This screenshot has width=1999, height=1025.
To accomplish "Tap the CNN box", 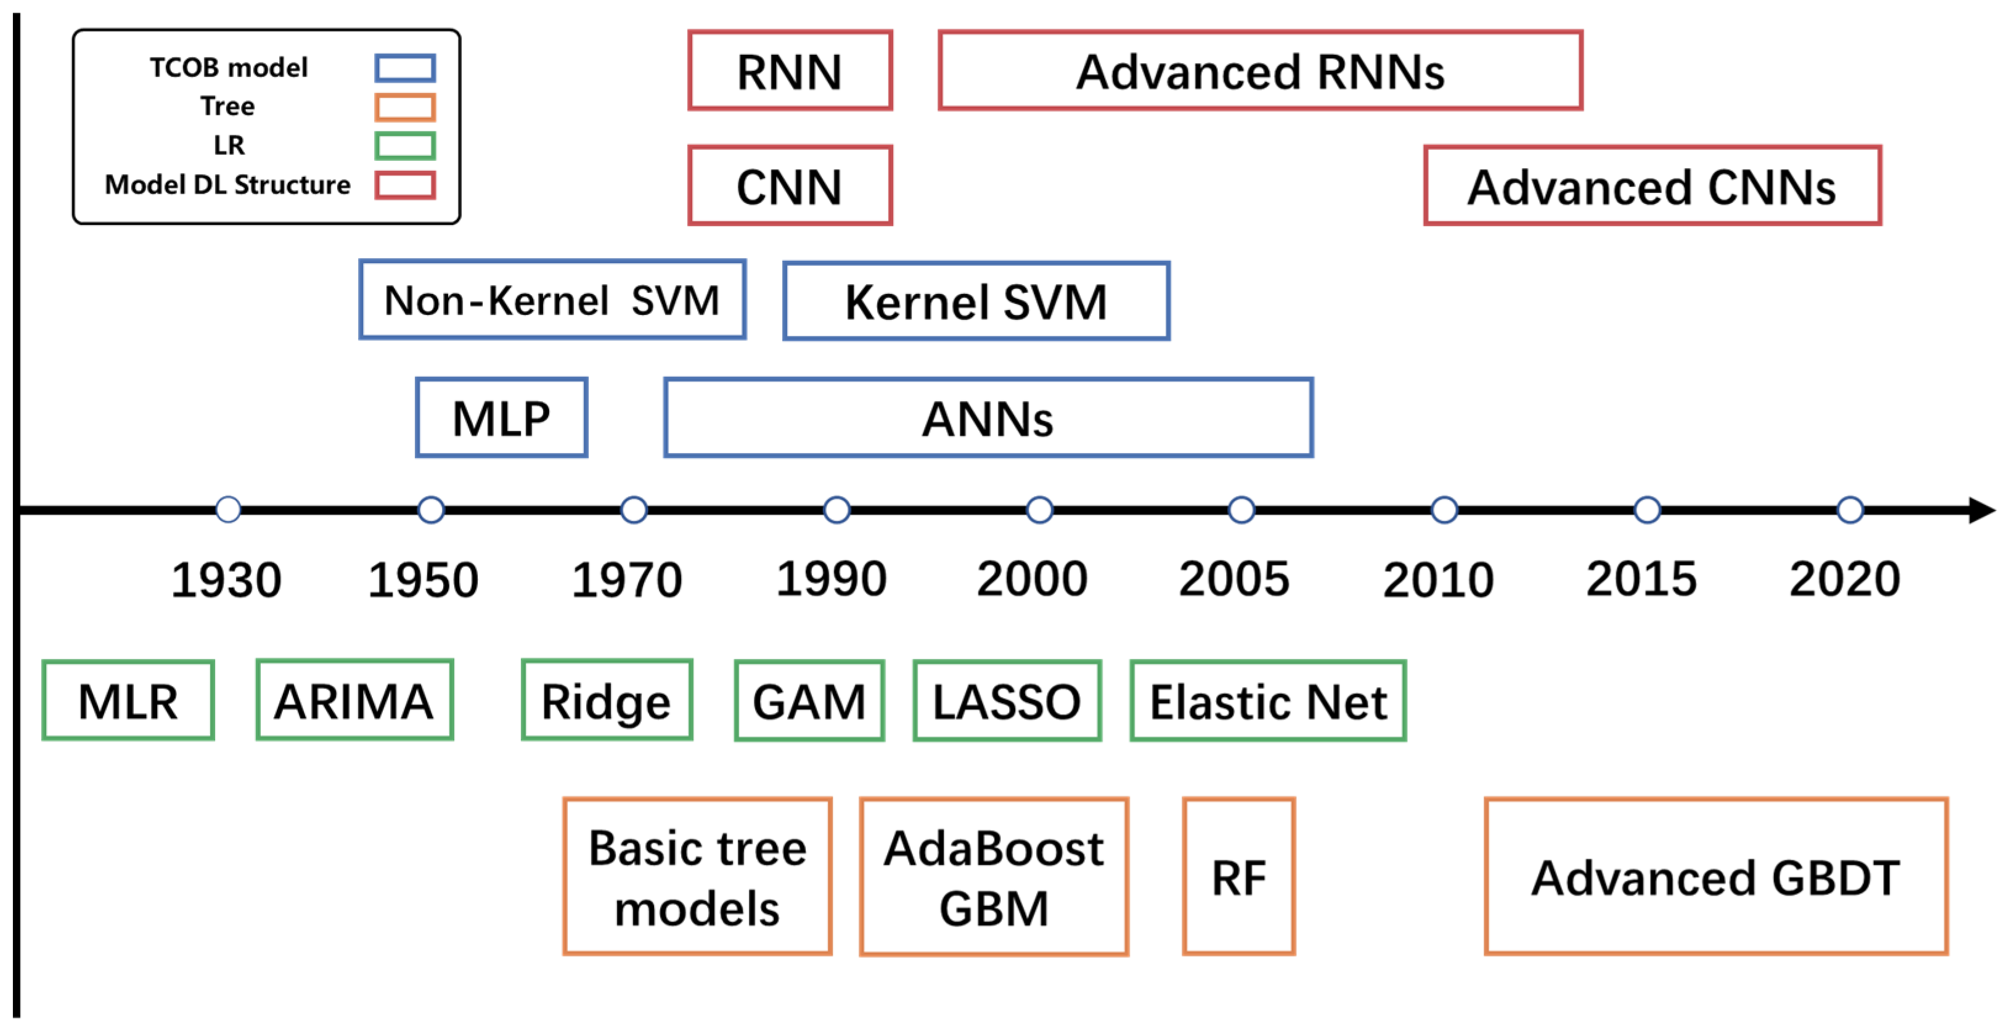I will (x=790, y=186).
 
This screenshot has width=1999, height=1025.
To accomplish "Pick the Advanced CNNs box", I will (x=1652, y=186).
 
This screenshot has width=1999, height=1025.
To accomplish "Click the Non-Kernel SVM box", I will (x=552, y=300).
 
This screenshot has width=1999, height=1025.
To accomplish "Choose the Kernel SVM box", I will (x=976, y=301).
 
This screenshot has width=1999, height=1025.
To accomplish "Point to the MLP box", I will (x=501, y=417).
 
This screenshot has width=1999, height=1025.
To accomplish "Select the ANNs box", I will (x=988, y=417).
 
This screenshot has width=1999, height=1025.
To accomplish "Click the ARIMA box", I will (x=354, y=700).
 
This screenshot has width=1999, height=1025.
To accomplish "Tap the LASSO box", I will (x=1007, y=701).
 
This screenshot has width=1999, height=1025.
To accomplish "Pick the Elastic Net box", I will (x=1267, y=701).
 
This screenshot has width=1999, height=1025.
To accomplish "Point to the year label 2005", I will (x=1234, y=578).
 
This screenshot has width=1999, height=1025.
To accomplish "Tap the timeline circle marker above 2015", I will (x=1646, y=510).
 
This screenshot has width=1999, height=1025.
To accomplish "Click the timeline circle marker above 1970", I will (x=634, y=510).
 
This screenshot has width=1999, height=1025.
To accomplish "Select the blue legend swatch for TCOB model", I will (x=405, y=68).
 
